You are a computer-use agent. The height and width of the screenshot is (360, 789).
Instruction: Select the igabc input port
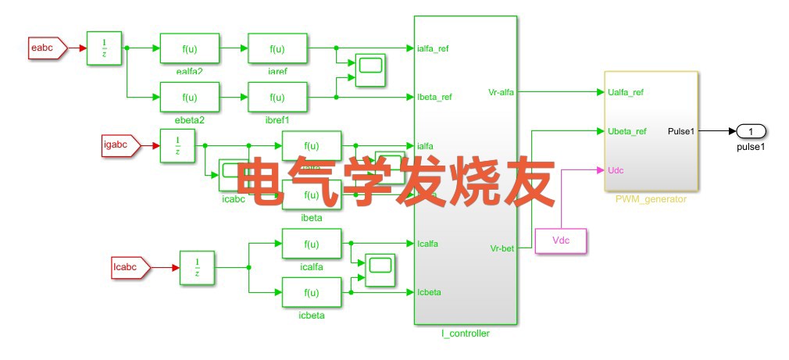pyautogui.click(x=119, y=144)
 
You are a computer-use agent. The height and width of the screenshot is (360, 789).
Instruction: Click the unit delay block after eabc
pyautogui.click(x=104, y=48)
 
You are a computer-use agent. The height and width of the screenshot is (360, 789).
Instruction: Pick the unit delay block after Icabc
pyautogui.click(x=197, y=268)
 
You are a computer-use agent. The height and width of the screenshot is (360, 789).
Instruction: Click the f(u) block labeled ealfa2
pyautogui.click(x=190, y=48)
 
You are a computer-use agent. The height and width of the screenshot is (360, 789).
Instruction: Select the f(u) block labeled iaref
pyautogui.click(x=277, y=48)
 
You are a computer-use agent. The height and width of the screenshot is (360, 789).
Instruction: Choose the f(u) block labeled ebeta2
pyautogui.click(x=190, y=97)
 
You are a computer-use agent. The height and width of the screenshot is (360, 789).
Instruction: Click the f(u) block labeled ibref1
pyautogui.click(x=277, y=97)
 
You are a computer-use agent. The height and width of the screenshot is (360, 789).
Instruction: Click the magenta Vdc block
pyautogui.click(x=561, y=241)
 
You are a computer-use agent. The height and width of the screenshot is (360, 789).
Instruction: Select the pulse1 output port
pyautogui.click(x=751, y=130)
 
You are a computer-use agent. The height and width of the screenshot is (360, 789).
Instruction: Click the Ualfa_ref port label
pyautogui.click(x=626, y=92)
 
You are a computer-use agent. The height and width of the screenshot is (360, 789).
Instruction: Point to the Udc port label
pyautogui.click(x=616, y=169)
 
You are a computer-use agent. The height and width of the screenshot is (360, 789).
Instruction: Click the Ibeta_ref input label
pyautogui.click(x=435, y=98)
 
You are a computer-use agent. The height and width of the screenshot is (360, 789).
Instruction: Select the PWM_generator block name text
pyautogui.click(x=651, y=199)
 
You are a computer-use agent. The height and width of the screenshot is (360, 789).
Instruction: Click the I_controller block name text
pyautogui.click(x=466, y=334)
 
